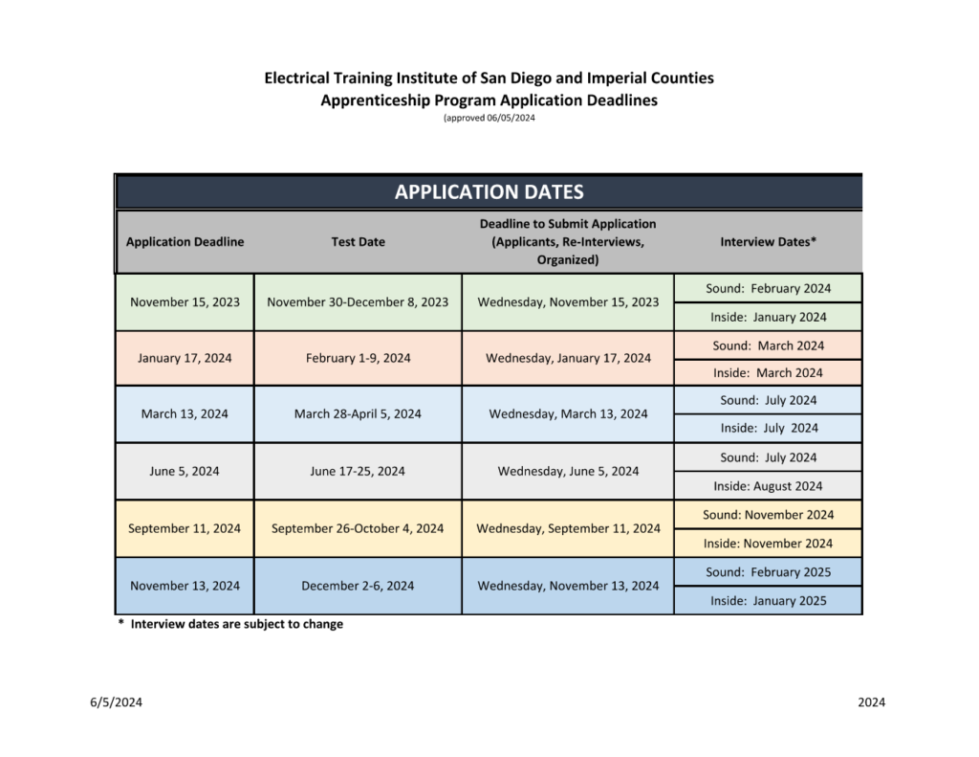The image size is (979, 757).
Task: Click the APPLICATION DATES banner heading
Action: coord(489,192)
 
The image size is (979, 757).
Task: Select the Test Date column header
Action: coord(359,242)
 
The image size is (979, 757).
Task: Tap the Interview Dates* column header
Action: coord(768,242)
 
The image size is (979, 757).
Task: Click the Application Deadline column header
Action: coord(185,242)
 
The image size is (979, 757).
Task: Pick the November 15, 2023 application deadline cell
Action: coord(185,302)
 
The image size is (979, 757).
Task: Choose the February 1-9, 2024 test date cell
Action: coord(359,358)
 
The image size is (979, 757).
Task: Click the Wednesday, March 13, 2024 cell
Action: coord(568,414)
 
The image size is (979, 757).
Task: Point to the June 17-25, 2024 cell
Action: coord(358,471)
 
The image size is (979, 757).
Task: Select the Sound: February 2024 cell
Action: coord(768,288)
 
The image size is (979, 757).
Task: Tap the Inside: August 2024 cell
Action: coord(768,486)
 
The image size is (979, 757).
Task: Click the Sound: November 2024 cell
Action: coord(768,515)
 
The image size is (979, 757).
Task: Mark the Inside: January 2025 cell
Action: coord(768,601)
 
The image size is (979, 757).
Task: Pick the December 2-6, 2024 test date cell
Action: coord(358,586)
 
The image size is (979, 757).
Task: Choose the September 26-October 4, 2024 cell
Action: coord(358,528)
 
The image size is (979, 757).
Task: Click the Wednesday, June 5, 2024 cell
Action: coord(568,471)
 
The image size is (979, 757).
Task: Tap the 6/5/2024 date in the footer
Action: coord(117,702)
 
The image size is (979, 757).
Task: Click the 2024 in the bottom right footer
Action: coord(871,702)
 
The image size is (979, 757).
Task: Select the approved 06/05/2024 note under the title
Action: coord(489,118)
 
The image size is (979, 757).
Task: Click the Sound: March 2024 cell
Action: coord(768,345)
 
